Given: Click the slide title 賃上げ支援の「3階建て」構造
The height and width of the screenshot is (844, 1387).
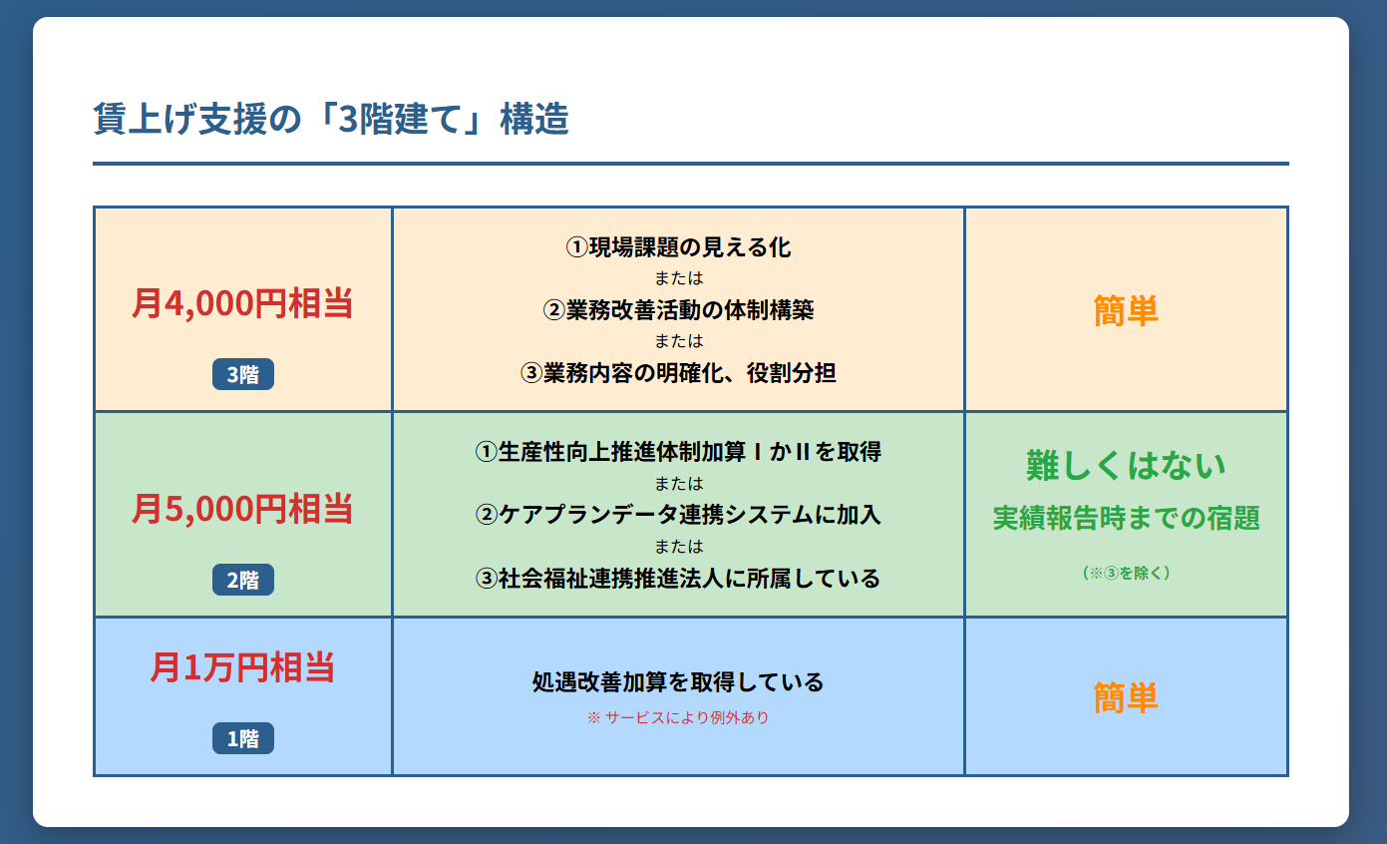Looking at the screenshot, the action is [331, 119].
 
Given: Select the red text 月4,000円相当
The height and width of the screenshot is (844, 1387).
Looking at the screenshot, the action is [242, 303].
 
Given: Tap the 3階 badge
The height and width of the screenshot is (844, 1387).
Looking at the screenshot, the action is [242, 374].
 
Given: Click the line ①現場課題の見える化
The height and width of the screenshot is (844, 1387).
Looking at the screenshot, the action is [678, 247].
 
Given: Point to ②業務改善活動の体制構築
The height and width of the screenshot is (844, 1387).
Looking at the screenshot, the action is [678, 310].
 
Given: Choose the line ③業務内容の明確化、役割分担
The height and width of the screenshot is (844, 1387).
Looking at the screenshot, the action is [678, 373].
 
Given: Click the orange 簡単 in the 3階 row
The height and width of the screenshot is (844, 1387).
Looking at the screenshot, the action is [1126, 310].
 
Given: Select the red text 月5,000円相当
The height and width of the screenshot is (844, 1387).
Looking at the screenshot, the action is [242, 509].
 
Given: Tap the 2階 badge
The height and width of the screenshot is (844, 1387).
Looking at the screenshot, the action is [242, 580].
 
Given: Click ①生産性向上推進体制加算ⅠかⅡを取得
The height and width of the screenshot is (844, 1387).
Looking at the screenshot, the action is [678, 452].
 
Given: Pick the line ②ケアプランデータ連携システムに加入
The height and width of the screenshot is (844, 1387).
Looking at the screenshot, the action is [678, 515].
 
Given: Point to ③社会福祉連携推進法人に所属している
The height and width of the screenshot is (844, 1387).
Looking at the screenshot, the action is [678, 579].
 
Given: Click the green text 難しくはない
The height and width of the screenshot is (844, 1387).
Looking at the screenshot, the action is [1126, 465].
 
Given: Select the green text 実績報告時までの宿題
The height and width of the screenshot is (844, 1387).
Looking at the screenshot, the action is [1126, 518].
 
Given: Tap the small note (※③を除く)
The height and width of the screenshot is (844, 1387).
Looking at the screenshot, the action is [1126, 573].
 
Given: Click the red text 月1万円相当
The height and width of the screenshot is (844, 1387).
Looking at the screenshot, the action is [242, 667].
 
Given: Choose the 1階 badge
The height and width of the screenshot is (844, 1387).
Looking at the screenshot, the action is [242, 738].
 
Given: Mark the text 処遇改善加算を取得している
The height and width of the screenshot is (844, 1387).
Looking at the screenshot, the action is [678, 682].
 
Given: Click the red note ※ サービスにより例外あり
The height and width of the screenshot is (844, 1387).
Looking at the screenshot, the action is [678, 717].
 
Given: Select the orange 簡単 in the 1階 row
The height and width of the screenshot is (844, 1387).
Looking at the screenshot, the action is [1126, 697].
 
